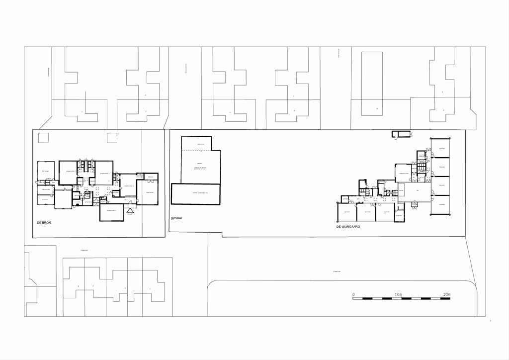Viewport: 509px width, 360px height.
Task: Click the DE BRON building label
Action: pyautogui.click(x=44, y=223)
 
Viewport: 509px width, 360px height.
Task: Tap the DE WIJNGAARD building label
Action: pyautogui.click(x=348, y=227)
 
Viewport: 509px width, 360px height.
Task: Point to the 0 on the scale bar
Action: pyautogui.click(x=353, y=295)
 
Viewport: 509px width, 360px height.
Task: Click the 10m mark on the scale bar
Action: pyautogui.click(x=398, y=295)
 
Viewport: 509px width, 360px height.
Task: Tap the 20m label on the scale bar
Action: pyautogui.click(x=446, y=295)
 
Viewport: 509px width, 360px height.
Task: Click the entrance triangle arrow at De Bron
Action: pyautogui.click(x=130, y=210)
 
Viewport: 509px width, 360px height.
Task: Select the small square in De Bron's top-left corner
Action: pyautogui.click(x=43, y=138)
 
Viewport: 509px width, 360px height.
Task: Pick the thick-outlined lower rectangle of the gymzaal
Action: pyautogui.click(x=195, y=194)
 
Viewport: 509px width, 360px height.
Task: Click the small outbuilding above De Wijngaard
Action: pyautogui.click(x=401, y=134)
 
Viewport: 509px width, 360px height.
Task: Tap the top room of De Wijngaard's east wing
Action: pyautogui.click(x=441, y=148)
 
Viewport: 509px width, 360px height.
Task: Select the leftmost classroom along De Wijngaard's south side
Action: pyautogui.click(x=346, y=212)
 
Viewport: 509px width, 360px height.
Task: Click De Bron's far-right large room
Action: pyautogui.click(x=147, y=192)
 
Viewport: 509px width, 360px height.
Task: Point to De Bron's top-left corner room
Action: pyautogui.click(x=46, y=171)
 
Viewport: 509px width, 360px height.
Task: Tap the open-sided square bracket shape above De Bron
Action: pyautogui.click(x=112, y=138)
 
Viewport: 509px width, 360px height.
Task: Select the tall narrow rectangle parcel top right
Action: pyautogui.click(x=371, y=84)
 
